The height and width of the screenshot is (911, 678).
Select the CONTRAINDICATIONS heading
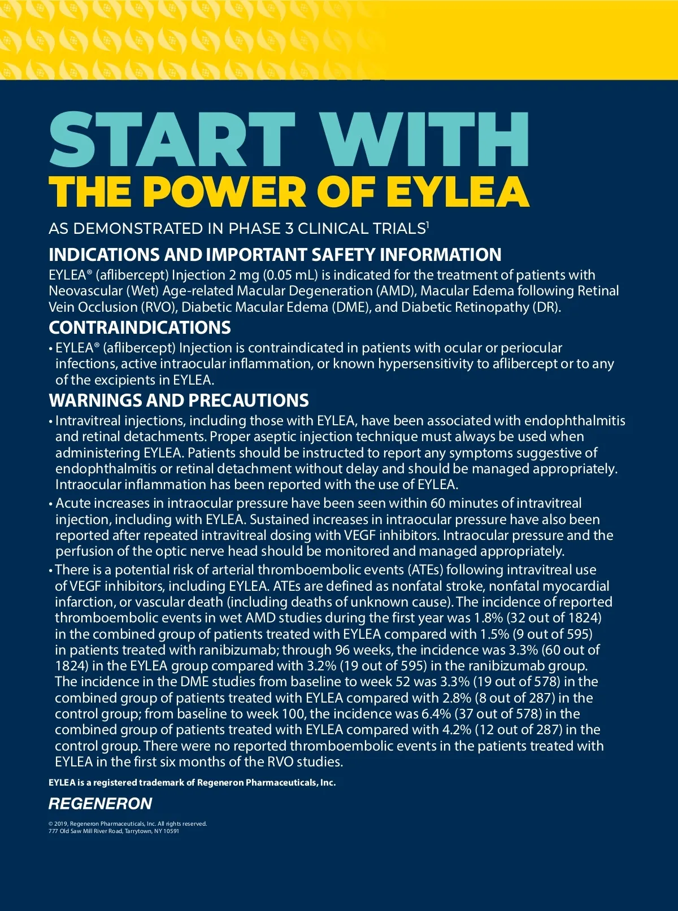click(x=140, y=328)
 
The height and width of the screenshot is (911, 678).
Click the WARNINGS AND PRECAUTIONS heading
click(x=179, y=400)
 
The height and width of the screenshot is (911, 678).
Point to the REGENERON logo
click(x=100, y=804)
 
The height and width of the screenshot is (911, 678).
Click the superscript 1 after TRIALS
click(x=428, y=225)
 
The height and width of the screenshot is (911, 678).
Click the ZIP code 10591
click(x=172, y=831)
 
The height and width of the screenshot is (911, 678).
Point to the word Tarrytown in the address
click(x=138, y=831)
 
